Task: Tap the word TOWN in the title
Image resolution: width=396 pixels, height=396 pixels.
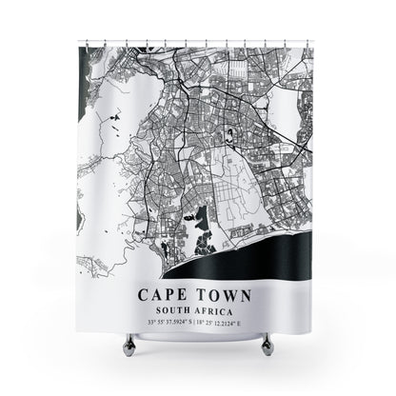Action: tap(229, 294)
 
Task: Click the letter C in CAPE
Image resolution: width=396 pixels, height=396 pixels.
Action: tap(145, 294)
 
